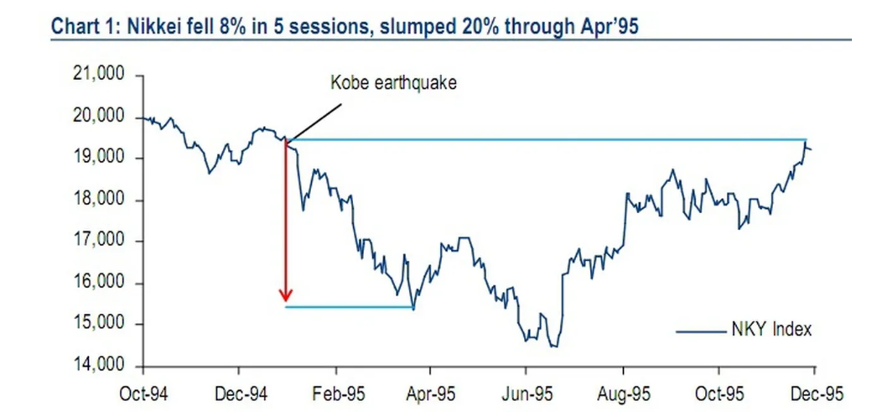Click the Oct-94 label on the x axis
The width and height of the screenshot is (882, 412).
[x=143, y=393]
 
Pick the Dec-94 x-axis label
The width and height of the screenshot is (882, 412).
[x=240, y=393]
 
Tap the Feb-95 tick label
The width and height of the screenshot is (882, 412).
[x=335, y=393]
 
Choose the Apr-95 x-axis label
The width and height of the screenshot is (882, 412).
[x=431, y=393]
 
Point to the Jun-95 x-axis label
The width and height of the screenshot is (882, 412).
[x=527, y=393]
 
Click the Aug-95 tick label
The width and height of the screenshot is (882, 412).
[x=623, y=393]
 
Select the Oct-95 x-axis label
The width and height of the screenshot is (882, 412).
[x=719, y=393]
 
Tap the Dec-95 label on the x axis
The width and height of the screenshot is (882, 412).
[x=814, y=393]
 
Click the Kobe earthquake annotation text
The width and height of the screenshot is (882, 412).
[x=392, y=83]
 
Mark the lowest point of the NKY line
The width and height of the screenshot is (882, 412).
[x=553, y=347]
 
